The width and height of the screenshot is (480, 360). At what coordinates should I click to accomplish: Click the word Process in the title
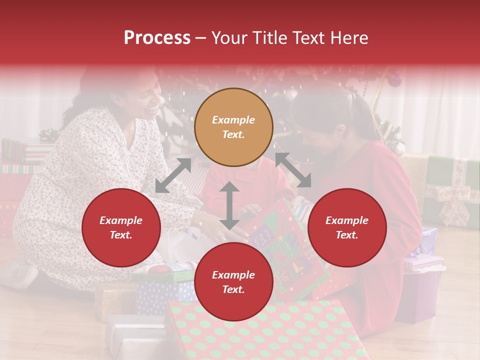[157, 37]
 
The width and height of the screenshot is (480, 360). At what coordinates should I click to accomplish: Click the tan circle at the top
[233, 127]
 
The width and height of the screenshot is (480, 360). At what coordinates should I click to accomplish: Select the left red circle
[121, 227]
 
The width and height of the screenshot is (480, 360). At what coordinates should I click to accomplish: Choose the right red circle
[347, 227]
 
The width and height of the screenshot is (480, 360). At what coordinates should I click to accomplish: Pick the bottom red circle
[233, 282]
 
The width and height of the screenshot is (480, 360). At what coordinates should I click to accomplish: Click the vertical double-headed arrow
[229, 205]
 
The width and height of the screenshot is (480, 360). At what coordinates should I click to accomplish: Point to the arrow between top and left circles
[173, 175]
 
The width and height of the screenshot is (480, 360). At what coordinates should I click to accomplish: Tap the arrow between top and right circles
[293, 170]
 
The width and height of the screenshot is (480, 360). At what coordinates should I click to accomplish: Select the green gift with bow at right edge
[450, 190]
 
